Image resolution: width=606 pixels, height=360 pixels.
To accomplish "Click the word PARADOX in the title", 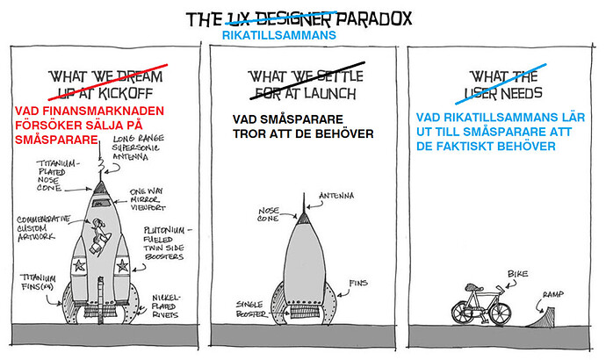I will click(x=375, y=18).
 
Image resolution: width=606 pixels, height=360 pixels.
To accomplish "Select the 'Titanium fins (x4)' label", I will click(x=35, y=280).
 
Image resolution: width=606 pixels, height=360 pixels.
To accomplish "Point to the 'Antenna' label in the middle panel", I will click(x=329, y=194).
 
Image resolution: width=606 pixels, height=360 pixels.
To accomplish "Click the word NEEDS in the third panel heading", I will click(x=522, y=91).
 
